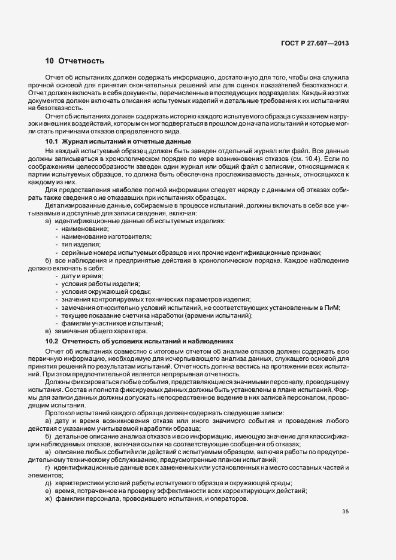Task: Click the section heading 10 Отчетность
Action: tap(75, 61)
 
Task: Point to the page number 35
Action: tap(345, 511)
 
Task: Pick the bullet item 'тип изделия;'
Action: tap(80, 244)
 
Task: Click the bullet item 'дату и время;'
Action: tap(81, 276)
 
